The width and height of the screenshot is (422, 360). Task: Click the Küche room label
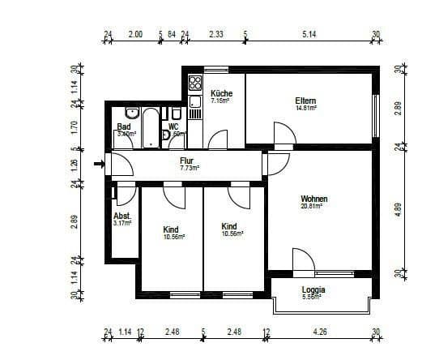[221, 93]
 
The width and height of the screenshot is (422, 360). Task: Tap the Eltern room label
[305, 101]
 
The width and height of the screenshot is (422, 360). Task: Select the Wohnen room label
[313, 199]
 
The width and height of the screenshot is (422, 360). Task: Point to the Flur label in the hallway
[187, 161]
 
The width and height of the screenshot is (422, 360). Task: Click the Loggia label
[313, 289]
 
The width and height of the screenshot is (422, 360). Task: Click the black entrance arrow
[99, 165]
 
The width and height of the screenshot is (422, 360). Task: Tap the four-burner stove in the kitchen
[195, 83]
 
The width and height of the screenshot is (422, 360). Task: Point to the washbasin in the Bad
[134, 113]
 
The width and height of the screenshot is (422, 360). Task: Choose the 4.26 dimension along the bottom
[322, 332]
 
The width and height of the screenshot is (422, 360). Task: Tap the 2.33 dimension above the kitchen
[216, 36]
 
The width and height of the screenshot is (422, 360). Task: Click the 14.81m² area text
[305, 109]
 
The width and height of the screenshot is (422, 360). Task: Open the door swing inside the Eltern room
[282, 134]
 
